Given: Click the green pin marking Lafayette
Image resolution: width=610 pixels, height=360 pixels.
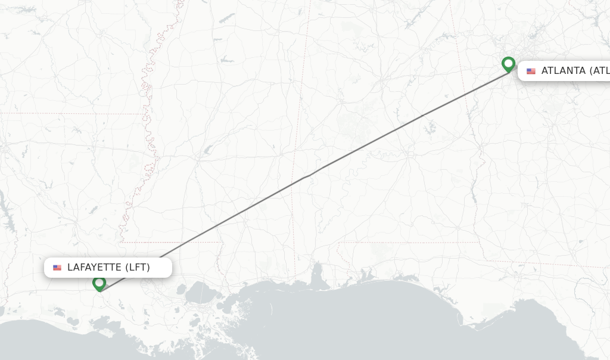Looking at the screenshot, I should pyautogui.click(x=99, y=283).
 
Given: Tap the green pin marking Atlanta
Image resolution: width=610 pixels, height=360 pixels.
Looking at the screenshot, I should pyautogui.click(x=508, y=63).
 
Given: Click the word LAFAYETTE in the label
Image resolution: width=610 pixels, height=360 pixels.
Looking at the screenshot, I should pyautogui.click(x=94, y=268).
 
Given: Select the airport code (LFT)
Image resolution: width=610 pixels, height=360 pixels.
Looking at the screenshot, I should pyautogui.click(x=137, y=268).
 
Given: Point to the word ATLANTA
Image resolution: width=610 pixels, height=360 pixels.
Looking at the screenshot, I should pyautogui.click(x=563, y=71).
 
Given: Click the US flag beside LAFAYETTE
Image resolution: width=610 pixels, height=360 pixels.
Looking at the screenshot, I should pyautogui.click(x=57, y=268).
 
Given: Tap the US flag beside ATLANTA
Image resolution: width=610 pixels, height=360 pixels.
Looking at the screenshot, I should pyautogui.click(x=531, y=71).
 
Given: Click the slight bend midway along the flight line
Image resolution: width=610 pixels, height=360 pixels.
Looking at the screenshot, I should pyautogui.click(x=308, y=175).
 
